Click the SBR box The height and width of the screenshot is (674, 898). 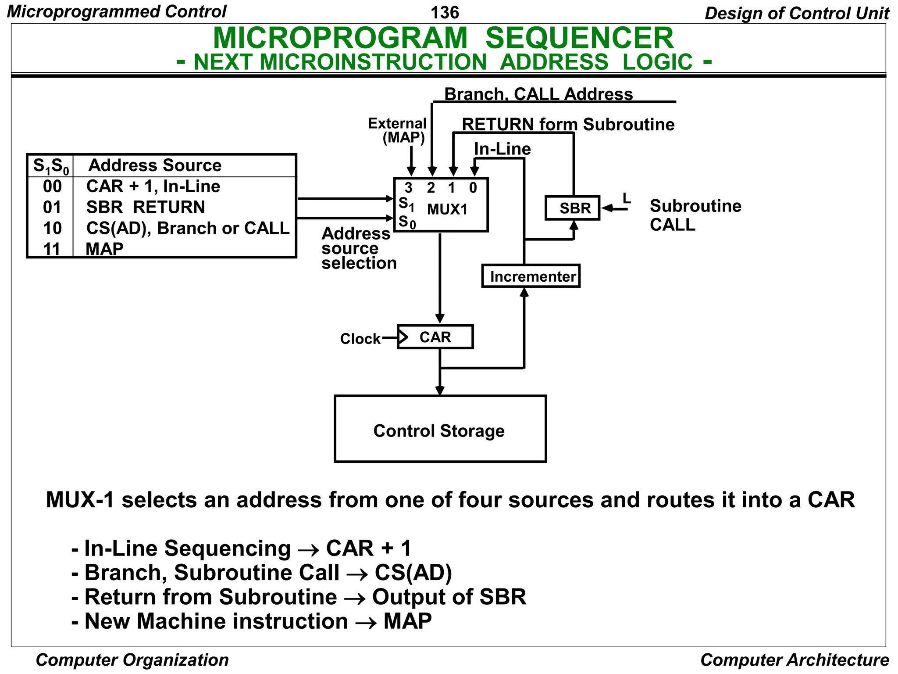pyautogui.click(x=572, y=208)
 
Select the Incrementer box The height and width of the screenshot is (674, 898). pyautogui.click(x=531, y=276)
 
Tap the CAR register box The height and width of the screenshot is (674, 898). pyautogui.click(x=435, y=337)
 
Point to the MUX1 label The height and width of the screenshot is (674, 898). pyautogui.click(x=447, y=209)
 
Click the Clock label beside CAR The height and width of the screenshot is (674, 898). pyautogui.click(x=360, y=339)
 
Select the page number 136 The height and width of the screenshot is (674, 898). pyautogui.click(x=445, y=12)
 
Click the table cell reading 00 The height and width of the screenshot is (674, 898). pyautogui.click(x=52, y=186)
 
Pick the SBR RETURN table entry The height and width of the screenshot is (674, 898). pyautogui.click(x=146, y=207)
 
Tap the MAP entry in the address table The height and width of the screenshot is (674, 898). pyautogui.click(x=104, y=249)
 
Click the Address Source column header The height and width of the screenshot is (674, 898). pyautogui.click(x=155, y=165)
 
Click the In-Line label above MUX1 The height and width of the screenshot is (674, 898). pyautogui.click(x=502, y=149)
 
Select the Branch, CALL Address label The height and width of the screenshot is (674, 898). pyautogui.click(x=538, y=94)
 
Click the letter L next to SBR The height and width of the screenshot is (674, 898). pyautogui.click(x=627, y=198)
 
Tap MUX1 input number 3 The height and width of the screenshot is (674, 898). pyautogui.click(x=408, y=188)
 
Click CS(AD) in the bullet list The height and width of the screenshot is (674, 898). pyautogui.click(x=413, y=573)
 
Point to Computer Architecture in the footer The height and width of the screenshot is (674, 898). pyautogui.click(x=794, y=660)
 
